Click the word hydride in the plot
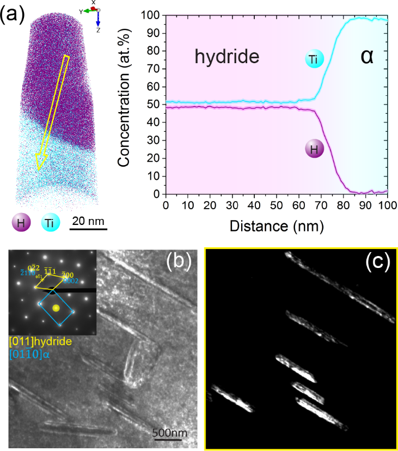point(226,56)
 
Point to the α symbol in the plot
point(368,56)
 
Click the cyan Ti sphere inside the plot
point(314,58)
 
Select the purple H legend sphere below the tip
point(20,223)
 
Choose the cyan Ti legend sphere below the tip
point(50,223)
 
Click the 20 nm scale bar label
point(87,222)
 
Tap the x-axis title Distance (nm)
point(277,224)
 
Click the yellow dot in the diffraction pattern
point(56,308)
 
